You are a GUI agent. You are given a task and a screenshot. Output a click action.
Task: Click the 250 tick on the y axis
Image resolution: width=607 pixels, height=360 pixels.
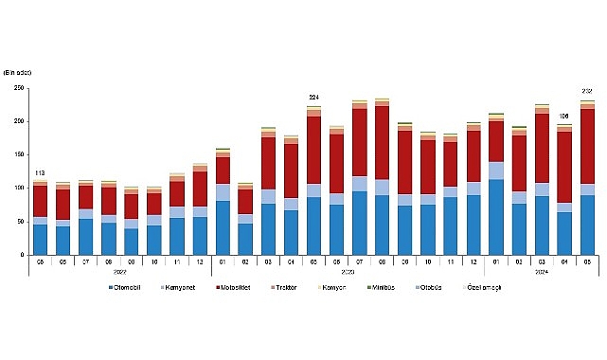[17, 88]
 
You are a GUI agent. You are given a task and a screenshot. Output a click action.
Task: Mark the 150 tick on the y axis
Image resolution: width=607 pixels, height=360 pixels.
[17, 154]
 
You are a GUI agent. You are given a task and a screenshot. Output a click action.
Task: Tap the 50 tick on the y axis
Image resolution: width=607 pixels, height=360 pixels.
[19, 222]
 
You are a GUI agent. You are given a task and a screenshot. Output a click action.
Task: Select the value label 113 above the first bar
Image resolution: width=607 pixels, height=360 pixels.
[40, 172]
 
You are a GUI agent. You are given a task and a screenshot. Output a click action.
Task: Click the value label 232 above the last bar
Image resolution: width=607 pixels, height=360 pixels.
[587, 91]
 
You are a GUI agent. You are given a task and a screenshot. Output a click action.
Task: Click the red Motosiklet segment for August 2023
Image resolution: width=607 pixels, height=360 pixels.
[382, 142]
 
